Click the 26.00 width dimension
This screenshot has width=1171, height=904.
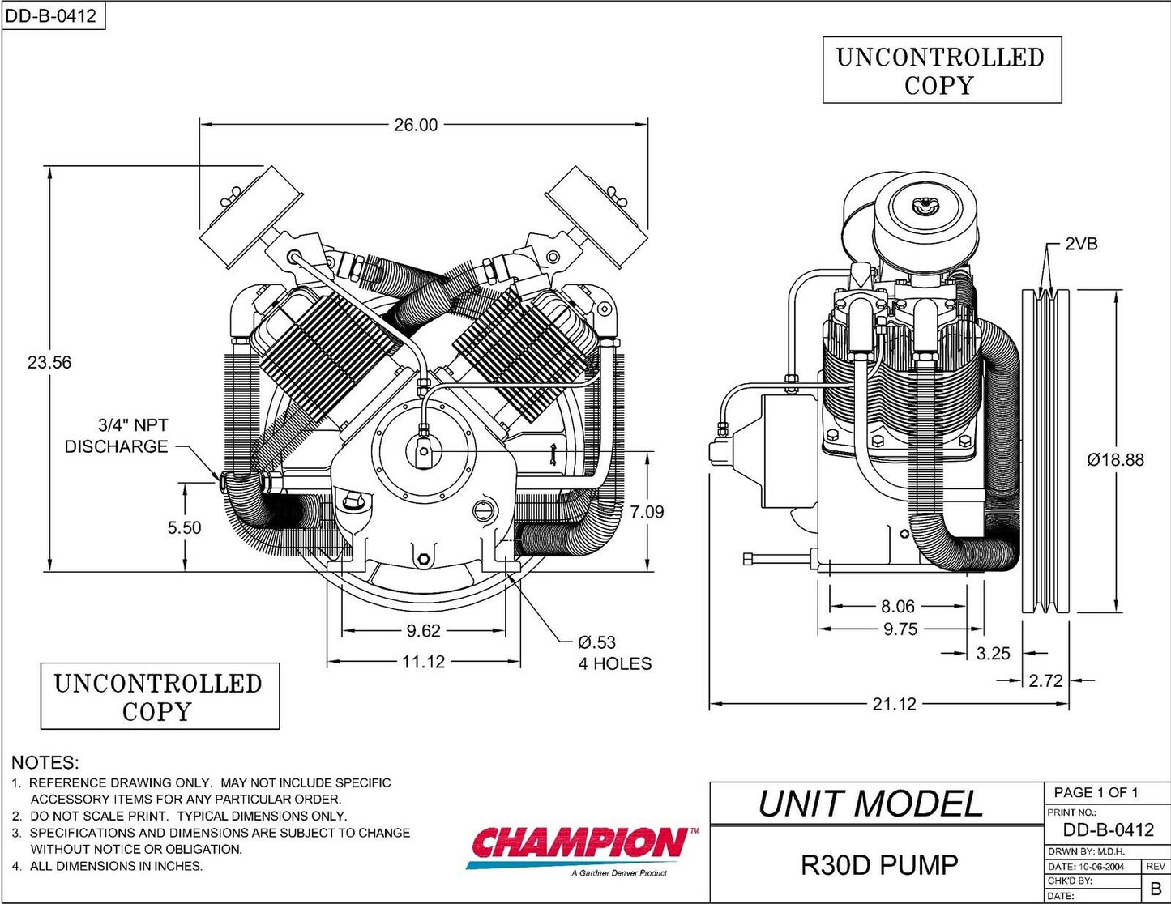tap(416, 125)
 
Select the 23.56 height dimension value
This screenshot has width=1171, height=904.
tap(49, 362)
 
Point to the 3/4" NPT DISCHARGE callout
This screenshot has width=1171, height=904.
tap(117, 436)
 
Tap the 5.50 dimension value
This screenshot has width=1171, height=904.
tap(184, 527)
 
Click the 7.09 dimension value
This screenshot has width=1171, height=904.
tap(647, 512)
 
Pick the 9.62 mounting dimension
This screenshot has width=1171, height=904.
tap(423, 630)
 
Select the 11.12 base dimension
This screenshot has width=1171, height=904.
tap(423, 662)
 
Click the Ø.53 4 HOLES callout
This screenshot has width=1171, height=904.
tap(614, 653)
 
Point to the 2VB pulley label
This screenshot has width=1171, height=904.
tap(1081, 244)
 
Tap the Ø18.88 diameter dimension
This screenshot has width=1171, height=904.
tap(1115, 460)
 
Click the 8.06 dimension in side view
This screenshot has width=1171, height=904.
tap(897, 606)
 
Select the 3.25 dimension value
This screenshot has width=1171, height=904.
tap(993, 653)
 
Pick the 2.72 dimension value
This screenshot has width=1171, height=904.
tap(1045, 681)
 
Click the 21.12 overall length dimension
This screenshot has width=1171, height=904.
tap(894, 705)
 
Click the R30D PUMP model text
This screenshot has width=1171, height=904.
tap(878, 865)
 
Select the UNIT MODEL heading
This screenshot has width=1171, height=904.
tap(870, 804)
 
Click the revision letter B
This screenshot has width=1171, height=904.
tap(1156, 889)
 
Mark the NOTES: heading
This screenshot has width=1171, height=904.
tap(45, 763)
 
